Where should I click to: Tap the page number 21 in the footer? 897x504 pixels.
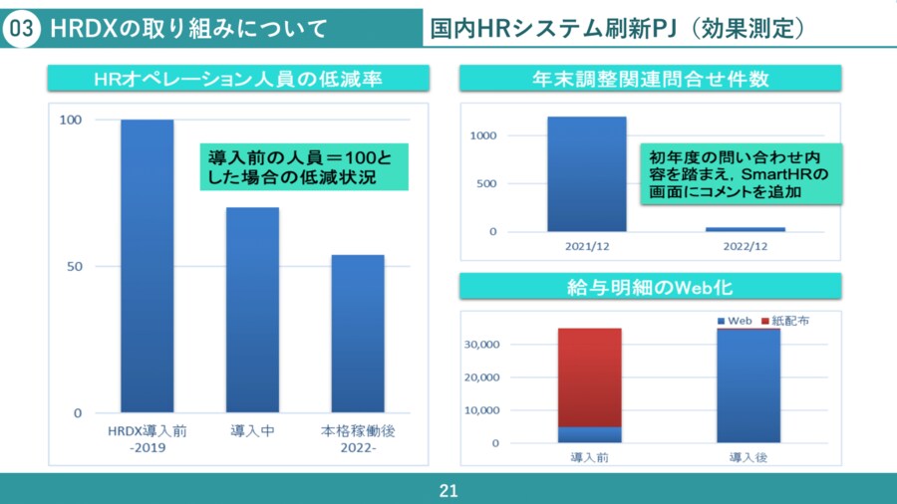click(x=448, y=491)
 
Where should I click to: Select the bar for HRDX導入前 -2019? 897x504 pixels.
click(x=148, y=265)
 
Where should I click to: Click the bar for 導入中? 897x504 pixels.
click(x=252, y=310)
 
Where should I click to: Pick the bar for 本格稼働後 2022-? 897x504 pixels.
click(x=358, y=333)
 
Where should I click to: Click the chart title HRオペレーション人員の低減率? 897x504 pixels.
click(x=237, y=79)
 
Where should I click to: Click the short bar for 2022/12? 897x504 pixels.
click(x=752, y=229)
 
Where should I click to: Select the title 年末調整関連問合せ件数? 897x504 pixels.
click(x=651, y=79)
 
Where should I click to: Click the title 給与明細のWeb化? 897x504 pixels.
click(x=651, y=287)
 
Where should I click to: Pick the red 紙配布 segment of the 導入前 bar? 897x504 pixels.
click(x=589, y=378)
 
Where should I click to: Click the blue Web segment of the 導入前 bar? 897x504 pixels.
click(x=589, y=434)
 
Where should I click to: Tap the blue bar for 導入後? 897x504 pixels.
click(x=748, y=385)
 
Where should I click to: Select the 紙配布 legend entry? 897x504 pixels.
click(x=785, y=322)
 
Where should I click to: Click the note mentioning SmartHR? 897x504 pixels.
click(x=742, y=174)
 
